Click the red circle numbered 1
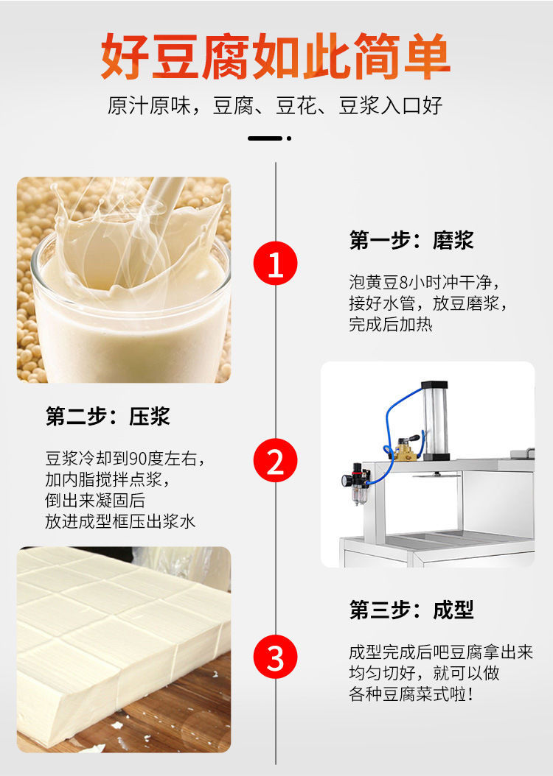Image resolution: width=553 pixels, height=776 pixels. pyautogui.click(x=276, y=264)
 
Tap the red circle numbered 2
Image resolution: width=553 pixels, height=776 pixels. pyautogui.click(x=276, y=460)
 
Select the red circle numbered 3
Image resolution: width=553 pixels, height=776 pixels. pyautogui.click(x=276, y=657)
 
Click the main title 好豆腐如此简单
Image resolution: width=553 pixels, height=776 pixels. pyautogui.click(x=276, y=56)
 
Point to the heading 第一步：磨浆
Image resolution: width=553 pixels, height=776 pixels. pyautogui.click(x=411, y=240)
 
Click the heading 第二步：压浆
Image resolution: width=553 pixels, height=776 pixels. pyautogui.click(x=108, y=416)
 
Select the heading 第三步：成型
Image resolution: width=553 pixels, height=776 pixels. pyautogui.click(x=411, y=610)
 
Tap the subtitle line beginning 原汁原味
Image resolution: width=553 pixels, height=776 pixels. pyautogui.click(x=275, y=106)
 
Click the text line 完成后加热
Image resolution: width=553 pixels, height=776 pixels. pyautogui.click(x=391, y=324)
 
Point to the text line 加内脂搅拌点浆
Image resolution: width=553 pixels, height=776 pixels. pyautogui.click(x=108, y=479)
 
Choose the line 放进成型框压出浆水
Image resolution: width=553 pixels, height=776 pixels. pyautogui.click(x=120, y=521)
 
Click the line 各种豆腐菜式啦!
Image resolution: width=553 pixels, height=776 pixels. pyautogui.click(x=411, y=694)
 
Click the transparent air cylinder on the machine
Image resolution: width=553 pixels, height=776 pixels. pyautogui.click(x=435, y=420)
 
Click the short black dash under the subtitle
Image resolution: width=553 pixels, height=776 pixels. pyautogui.click(x=265, y=138)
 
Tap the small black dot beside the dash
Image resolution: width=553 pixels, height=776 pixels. pyautogui.click(x=289, y=138)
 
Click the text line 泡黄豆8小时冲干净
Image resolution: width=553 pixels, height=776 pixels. pyautogui.click(x=424, y=283)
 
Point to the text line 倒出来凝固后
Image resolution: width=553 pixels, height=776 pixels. pyautogui.click(x=95, y=501)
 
